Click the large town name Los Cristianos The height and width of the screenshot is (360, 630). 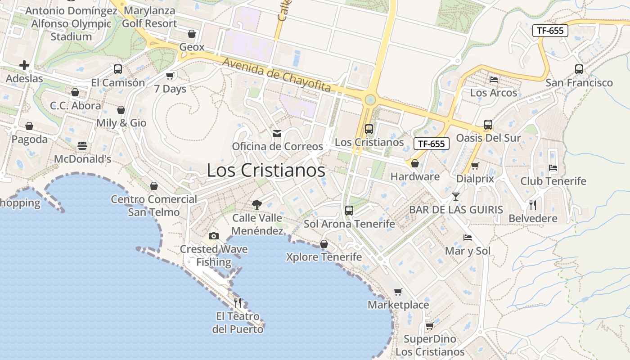pos(265,171)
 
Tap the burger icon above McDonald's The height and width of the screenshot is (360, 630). pos(82,146)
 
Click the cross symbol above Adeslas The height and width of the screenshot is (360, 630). pos(24,66)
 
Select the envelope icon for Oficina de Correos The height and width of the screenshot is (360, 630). pos(277,134)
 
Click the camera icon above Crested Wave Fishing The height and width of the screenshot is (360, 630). pos(214,236)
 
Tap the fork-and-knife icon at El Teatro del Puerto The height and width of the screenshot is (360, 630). pos(238,302)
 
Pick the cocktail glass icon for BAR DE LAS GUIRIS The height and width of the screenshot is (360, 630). pos(456,197)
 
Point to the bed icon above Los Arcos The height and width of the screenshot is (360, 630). pos(494,80)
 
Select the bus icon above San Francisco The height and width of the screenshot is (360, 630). pos(579,69)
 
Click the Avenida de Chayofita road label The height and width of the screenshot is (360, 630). pos(277,75)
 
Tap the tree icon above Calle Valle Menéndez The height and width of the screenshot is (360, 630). pos(257,205)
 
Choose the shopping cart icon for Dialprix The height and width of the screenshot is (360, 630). pos(475,166)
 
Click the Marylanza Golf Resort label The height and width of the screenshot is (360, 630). pos(149,17)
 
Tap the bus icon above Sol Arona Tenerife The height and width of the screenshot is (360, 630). pos(349,210)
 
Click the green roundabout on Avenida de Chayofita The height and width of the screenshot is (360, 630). pos(370,99)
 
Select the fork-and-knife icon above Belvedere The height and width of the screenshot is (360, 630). pos(533,205)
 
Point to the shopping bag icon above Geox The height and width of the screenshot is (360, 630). pos(192,34)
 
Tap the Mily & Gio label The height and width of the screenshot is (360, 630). pos(121,123)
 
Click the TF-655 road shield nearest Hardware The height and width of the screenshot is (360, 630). pos(432,144)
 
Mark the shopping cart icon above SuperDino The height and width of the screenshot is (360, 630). pos(430,326)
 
